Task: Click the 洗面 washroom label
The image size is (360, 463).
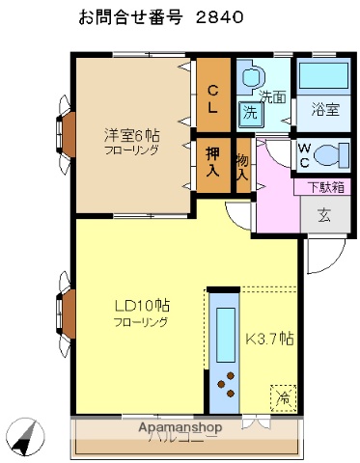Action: point(272,96)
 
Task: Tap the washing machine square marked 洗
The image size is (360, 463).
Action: point(250,111)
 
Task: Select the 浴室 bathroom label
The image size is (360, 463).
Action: point(323,109)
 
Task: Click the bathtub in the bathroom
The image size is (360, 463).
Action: point(323,77)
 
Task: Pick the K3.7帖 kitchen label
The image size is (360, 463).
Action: point(270,339)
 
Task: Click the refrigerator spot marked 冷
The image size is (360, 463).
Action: point(283,396)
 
